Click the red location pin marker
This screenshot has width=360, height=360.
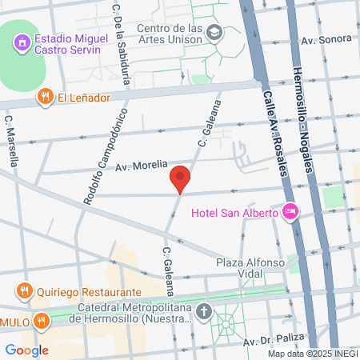pos(180,178)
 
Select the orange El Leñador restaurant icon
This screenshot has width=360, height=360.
pos(45,98)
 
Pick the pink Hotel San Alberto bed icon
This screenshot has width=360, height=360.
pos(290,212)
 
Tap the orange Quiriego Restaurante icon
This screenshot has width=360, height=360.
pos(25,292)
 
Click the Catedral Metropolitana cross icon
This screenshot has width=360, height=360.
pos(204,313)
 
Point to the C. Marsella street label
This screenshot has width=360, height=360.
pos(11,142)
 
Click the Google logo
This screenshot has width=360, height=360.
pos(26,350)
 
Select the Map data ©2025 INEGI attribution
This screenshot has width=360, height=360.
pos(312,354)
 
